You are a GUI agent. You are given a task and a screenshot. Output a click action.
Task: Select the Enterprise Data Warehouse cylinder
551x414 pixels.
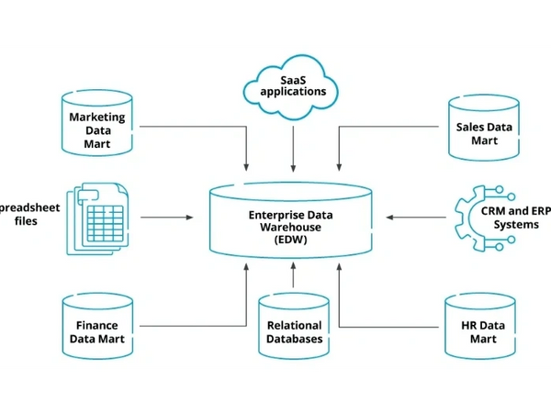pos(291,220)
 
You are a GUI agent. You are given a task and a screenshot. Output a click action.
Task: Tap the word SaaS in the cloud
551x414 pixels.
pos(292,80)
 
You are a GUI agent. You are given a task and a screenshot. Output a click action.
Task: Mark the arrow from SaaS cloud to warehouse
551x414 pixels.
pos(293,147)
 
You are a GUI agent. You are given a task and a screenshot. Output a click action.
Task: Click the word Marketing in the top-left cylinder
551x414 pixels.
pos(97,117)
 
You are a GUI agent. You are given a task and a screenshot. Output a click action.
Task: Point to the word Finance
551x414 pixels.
pos(96,325)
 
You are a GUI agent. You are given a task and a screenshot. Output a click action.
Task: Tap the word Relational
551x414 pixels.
pos(294,325)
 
